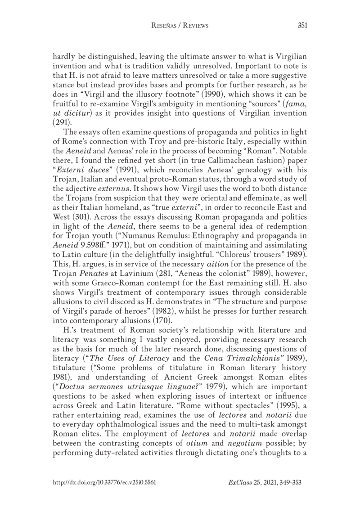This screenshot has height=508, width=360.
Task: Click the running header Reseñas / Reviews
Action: click(180, 26)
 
